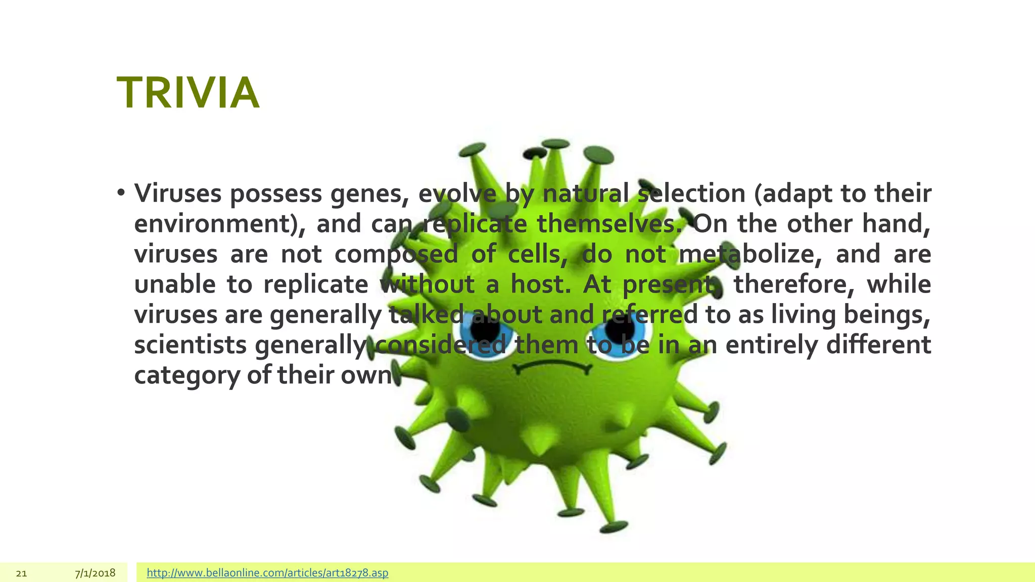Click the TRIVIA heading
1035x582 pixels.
point(188,93)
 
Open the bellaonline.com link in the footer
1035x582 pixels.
point(267,573)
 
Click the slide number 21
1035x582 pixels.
point(21,573)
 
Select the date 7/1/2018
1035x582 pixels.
point(95,573)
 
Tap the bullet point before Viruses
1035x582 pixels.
point(120,193)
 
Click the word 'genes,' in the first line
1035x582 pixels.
point(369,194)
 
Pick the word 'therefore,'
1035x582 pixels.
point(794,284)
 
